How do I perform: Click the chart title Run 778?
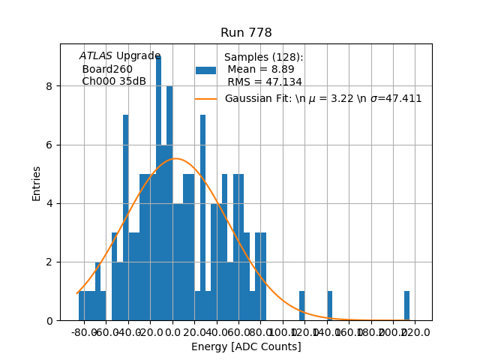(x=246, y=33)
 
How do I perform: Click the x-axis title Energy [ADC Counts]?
(x=246, y=346)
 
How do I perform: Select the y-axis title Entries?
(x=37, y=183)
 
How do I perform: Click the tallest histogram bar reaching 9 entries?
(x=158, y=187)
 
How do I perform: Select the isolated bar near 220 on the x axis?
(x=406, y=306)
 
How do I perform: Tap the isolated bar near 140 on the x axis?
(x=329, y=306)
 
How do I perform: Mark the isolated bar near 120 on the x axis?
(x=301, y=306)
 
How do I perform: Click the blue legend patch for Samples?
(x=205, y=70)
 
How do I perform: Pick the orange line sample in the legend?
(x=205, y=99)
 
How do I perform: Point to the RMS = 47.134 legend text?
(x=265, y=82)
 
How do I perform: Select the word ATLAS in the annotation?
(x=96, y=56)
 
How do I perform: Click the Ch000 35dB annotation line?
(x=114, y=82)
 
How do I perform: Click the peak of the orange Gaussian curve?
(x=175, y=158)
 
